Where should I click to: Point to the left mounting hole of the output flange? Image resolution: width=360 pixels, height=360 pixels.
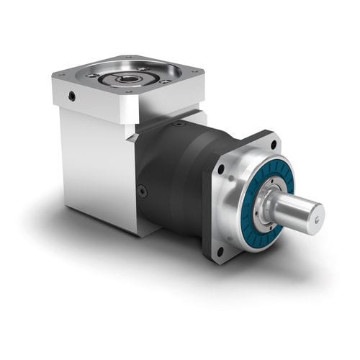coord(220,170)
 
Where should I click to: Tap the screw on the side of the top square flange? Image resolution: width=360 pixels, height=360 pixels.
coord(71,95)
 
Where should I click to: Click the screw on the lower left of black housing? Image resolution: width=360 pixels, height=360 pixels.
coord(143,191)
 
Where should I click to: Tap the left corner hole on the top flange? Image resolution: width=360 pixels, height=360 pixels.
coord(92,75)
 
